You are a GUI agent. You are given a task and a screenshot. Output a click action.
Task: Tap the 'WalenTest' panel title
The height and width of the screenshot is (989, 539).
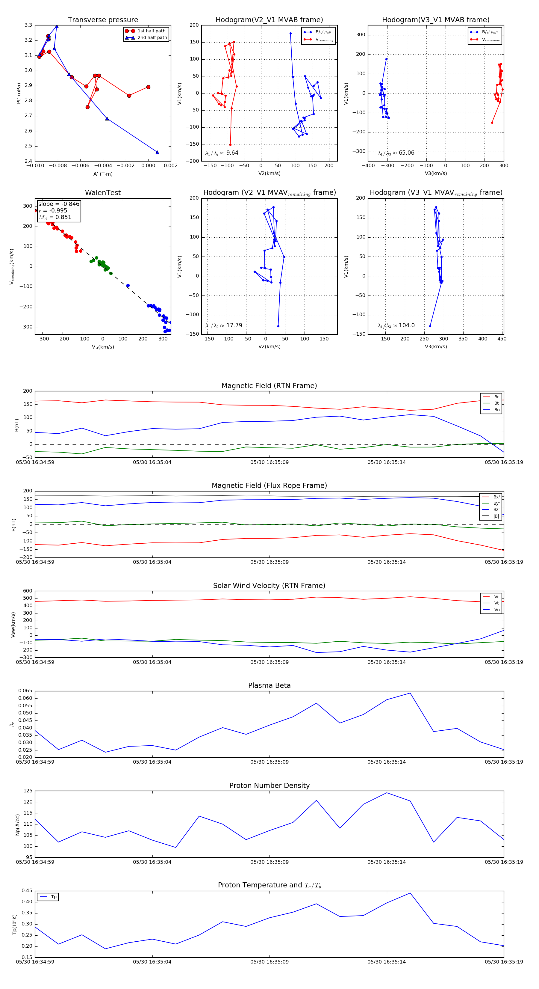(103, 193)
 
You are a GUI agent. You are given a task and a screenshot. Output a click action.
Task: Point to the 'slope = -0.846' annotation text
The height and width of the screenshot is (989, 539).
(59, 204)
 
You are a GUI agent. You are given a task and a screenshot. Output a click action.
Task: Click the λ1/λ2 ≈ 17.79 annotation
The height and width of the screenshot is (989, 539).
(224, 325)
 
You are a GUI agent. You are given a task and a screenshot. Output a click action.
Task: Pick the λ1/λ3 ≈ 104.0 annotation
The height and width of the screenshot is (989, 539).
(396, 325)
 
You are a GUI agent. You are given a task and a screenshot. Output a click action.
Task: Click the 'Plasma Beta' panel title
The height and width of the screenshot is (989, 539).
(269, 686)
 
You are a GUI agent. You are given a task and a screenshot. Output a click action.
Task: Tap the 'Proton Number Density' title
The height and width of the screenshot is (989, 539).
(269, 786)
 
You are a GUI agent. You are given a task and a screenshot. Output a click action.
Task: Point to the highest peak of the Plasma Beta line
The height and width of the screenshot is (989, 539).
(410, 693)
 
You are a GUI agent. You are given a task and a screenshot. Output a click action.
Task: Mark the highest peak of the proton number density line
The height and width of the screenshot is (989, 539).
(387, 793)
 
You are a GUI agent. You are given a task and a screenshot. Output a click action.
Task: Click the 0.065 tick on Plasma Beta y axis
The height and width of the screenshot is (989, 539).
(25, 691)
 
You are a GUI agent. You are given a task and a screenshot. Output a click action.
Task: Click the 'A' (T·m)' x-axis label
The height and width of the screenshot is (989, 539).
(103, 174)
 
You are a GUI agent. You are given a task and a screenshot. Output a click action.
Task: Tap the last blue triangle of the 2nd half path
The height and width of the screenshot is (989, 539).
(157, 153)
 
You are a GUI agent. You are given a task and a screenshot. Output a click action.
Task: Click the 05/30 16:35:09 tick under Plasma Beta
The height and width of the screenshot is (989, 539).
(269, 762)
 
